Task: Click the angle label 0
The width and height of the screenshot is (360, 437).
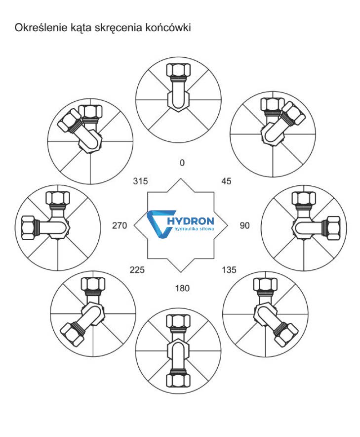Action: click(182, 163)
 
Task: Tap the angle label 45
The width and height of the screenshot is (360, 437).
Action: click(226, 181)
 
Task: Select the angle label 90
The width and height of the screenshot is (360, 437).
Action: click(244, 225)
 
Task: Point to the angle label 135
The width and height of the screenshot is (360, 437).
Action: click(229, 270)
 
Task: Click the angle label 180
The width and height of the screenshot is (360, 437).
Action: click(182, 288)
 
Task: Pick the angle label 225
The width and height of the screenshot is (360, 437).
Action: click(137, 270)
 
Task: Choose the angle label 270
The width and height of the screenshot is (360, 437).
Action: click(120, 225)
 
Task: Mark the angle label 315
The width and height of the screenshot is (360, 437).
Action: click(140, 181)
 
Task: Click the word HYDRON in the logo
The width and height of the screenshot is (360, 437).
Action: click(191, 221)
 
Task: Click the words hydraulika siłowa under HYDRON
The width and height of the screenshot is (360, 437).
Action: click(194, 229)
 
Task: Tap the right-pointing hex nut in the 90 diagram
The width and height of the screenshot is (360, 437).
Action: click(333, 228)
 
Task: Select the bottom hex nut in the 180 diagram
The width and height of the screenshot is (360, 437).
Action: click(178, 381)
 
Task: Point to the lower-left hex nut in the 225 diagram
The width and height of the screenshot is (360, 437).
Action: click(72, 334)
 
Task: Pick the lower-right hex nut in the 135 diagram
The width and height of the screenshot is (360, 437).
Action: click(285, 333)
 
